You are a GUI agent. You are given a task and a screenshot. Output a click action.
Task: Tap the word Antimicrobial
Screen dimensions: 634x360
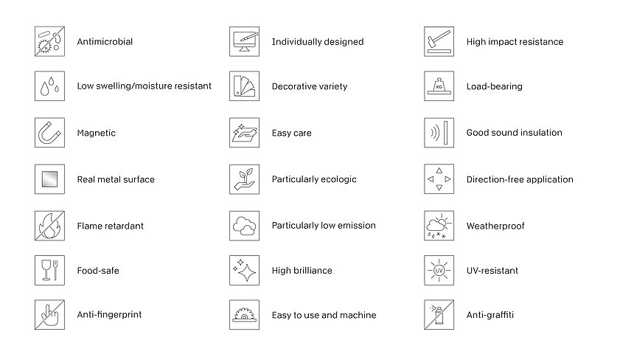tap(105, 41)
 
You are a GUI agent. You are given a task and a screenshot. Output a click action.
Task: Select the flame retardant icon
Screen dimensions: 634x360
tap(49, 226)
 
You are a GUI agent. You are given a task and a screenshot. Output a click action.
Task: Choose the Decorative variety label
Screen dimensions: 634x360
tap(310, 86)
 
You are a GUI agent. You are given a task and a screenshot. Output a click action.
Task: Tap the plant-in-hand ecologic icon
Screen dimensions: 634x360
tap(244, 179)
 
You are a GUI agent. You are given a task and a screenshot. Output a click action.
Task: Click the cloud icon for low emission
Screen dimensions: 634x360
tap(244, 226)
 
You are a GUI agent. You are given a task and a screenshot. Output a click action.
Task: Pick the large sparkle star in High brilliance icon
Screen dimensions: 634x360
tap(247, 272)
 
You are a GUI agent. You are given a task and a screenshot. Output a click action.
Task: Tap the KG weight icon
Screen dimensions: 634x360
tap(439, 86)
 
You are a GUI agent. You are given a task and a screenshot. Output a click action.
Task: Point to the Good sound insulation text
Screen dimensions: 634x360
tap(514, 133)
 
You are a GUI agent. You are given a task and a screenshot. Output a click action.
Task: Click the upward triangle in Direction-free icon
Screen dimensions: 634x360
tap(439, 170)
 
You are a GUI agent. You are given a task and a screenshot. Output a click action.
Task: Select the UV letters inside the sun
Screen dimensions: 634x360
tap(439, 270)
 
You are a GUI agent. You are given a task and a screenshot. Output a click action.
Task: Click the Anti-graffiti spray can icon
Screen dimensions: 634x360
tap(439, 315)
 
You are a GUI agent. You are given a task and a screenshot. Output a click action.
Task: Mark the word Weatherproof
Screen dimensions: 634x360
tap(495, 226)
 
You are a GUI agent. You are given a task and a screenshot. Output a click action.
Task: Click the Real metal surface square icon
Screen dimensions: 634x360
tap(49, 179)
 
